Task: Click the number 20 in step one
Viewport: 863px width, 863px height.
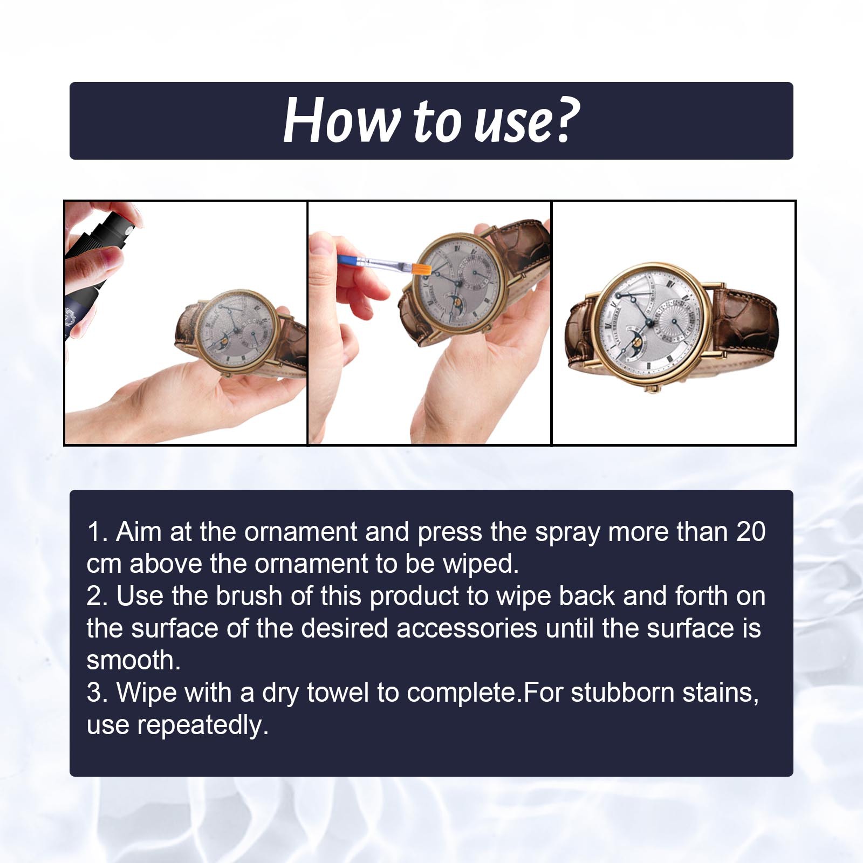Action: (x=751, y=532)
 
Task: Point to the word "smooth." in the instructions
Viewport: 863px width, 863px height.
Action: (x=133, y=660)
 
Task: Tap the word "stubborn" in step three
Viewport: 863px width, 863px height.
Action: (x=622, y=693)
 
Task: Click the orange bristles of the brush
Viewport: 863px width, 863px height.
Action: (x=421, y=268)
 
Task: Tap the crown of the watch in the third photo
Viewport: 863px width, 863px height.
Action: (x=656, y=388)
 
